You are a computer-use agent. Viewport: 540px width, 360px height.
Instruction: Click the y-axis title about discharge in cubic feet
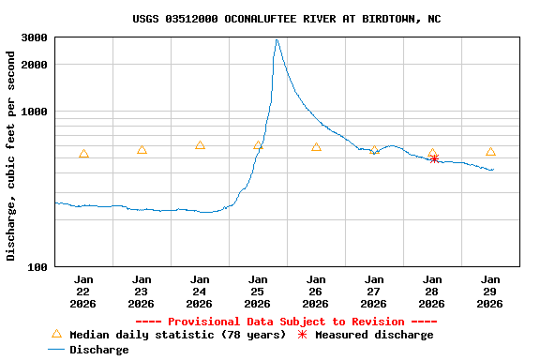pos(11,156)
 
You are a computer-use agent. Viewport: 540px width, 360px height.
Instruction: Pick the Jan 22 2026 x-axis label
pos(83,291)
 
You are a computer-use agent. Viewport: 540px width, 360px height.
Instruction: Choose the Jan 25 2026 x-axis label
pos(258,291)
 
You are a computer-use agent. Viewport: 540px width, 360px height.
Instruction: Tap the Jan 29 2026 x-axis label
pos(490,291)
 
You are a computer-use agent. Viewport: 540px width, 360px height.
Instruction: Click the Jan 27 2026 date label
pos(374,291)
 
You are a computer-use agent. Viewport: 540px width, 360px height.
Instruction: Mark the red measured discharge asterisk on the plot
pos(434,158)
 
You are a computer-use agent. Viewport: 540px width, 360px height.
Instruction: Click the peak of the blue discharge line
pos(277,39)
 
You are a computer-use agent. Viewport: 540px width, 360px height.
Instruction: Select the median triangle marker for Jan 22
pos(83,154)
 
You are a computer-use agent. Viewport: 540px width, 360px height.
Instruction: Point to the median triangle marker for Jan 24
pos(200,145)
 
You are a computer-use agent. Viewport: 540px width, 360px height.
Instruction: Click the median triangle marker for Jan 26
pos(316,147)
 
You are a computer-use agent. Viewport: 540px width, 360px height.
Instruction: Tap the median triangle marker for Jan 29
pos(490,151)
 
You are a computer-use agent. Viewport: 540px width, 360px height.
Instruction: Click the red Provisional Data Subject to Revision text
pos(286,322)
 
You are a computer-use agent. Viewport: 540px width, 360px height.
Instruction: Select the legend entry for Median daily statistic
pos(169,335)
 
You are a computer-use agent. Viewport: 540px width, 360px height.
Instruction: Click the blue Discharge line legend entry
pos(88,350)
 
